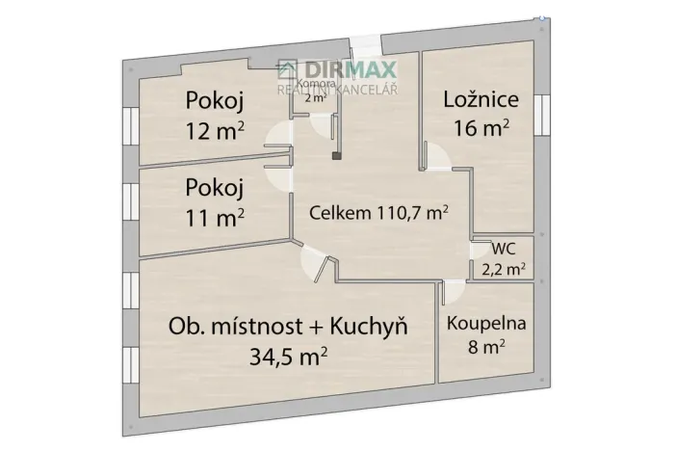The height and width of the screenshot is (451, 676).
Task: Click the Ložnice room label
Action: pos(481,98)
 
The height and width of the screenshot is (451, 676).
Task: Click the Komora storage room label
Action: pos(315,85)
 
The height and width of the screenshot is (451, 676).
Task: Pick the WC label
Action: pos(502,249)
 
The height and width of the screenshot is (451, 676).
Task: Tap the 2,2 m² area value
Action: pos(502,270)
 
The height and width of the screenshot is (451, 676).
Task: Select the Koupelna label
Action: pos(485,324)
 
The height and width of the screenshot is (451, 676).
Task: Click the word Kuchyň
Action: pos(369,328)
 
